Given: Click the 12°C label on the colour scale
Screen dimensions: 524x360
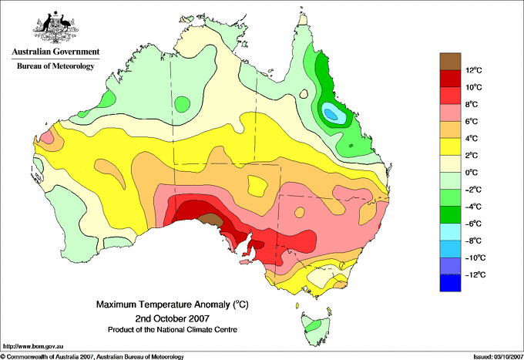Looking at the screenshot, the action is [474, 70].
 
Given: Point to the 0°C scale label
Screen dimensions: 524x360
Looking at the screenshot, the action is [472, 173].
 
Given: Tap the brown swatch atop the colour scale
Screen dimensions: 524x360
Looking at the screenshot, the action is [450, 62].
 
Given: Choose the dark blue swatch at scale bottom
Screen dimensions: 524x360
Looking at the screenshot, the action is [450, 283].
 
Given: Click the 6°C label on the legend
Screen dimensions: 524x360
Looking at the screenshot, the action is [472, 121].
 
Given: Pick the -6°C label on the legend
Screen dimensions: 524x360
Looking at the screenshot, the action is [473, 224].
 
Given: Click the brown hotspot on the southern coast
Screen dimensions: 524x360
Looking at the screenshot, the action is [210, 219].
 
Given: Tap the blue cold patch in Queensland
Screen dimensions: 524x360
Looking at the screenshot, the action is [334, 113].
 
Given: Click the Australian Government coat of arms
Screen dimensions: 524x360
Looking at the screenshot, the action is [55, 28].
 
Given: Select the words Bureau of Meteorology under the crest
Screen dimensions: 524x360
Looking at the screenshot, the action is [55, 66].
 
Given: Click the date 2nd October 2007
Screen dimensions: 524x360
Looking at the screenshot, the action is [173, 318].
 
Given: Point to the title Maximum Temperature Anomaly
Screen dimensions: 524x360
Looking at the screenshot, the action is [163, 304].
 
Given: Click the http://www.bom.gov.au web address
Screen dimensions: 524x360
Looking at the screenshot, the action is [33, 347].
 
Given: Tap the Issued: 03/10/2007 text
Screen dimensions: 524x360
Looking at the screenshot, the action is [499, 357].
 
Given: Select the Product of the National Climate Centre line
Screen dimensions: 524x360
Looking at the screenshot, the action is [173, 330].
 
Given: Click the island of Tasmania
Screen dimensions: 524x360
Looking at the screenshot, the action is [315, 329].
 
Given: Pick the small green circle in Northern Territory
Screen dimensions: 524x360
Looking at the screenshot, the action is [183, 104].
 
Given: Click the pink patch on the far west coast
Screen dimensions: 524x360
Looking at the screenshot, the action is [48, 137].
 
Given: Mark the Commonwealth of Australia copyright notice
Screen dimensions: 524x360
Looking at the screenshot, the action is [92, 357].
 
